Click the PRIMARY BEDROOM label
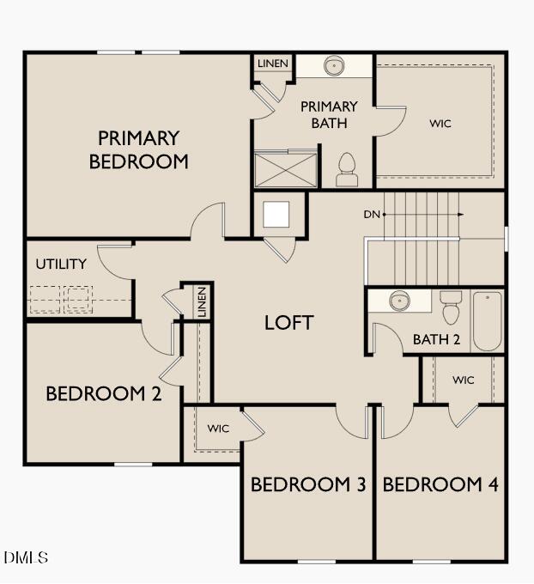click(138, 149)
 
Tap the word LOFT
click(288, 323)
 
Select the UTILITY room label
click(61, 264)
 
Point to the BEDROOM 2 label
click(103, 393)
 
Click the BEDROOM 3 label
click(307, 484)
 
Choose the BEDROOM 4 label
click(440, 484)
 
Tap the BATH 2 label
click(436, 339)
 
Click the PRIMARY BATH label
click(328, 115)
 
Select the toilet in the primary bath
click(346, 169)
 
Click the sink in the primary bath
click(333, 66)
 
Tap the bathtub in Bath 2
click(487, 321)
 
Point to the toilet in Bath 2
click(451, 307)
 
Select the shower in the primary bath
click(285, 168)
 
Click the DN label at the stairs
click(371, 214)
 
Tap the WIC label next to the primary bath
click(440, 124)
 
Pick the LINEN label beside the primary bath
click(273, 64)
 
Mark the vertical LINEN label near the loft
click(201, 302)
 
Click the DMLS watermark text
click(26, 558)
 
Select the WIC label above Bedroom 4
click(463, 380)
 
